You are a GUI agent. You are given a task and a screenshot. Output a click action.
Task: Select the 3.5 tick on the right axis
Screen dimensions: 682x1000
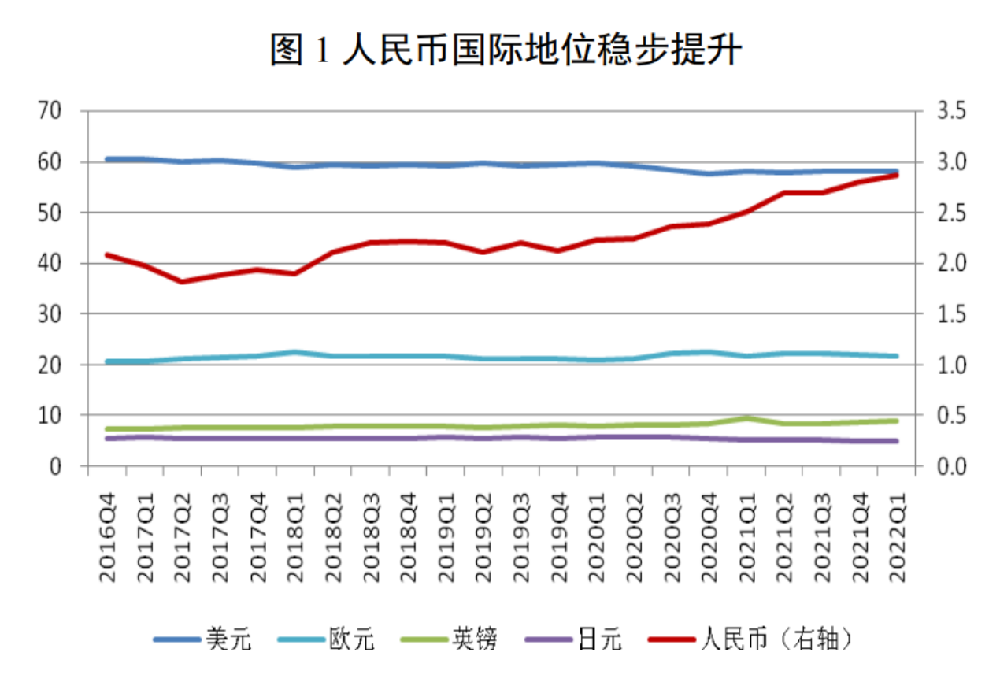[x=950, y=111]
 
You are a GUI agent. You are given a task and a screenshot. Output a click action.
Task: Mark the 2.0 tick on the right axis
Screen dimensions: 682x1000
[x=950, y=263]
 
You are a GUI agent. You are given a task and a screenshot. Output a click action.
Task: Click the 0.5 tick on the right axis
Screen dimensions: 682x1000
[x=950, y=415]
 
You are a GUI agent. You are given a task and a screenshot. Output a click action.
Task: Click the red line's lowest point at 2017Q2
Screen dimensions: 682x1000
[x=182, y=281]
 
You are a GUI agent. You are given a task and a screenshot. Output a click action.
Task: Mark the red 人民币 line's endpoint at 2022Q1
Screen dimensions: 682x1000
[x=896, y=175]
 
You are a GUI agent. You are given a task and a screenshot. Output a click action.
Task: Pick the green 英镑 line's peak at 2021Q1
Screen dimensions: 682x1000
[x=746, y=418]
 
